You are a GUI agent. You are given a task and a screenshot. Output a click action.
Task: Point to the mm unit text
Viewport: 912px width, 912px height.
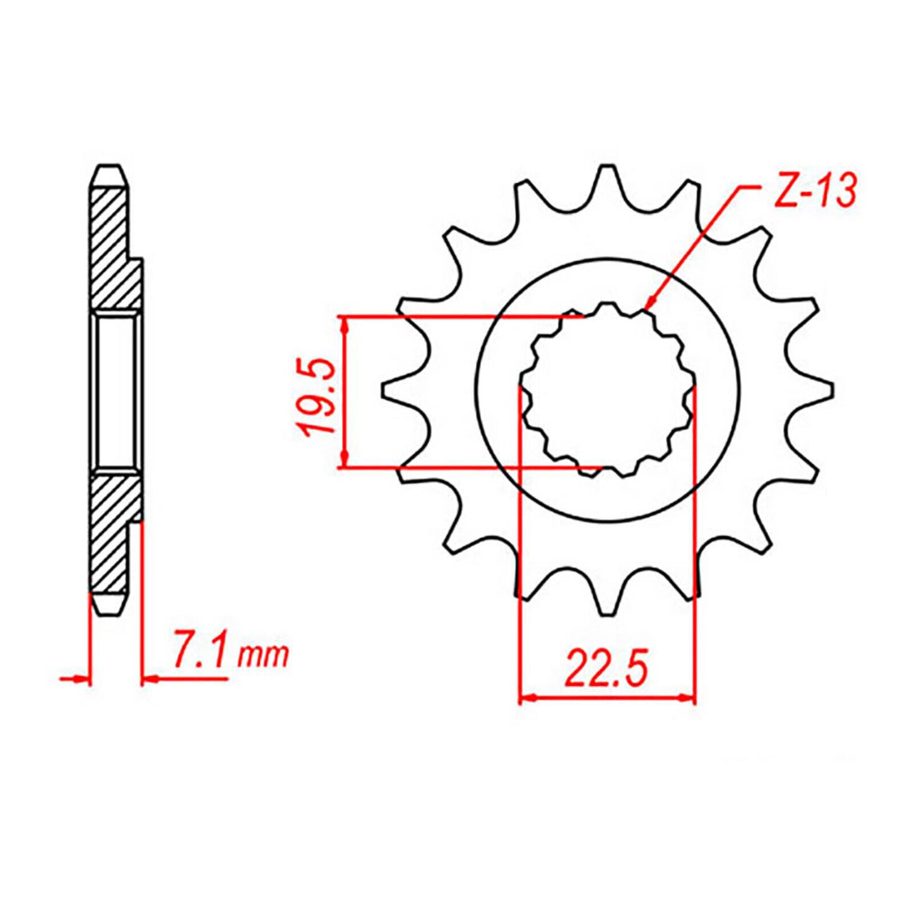tap(263, 656)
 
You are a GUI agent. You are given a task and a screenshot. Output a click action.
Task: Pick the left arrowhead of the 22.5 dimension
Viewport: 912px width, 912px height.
tap(526, 698)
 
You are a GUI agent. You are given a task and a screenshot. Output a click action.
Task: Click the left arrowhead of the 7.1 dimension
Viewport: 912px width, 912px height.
tap(83, 679)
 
